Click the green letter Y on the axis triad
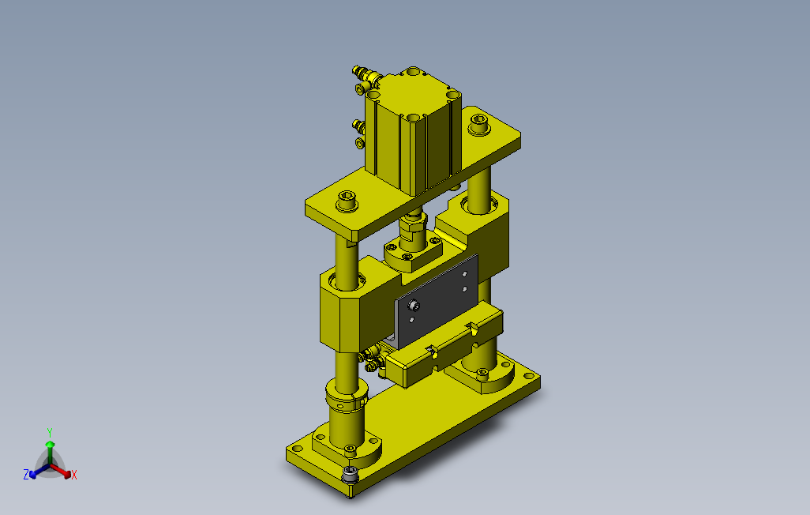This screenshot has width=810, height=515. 50,432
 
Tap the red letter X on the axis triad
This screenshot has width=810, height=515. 74,475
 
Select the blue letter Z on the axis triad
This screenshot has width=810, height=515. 26,474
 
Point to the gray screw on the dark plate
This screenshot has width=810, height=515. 414,306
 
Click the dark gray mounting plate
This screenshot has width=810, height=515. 437,302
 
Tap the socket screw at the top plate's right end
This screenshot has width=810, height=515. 479,125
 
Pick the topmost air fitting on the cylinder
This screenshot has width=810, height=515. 365,74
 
